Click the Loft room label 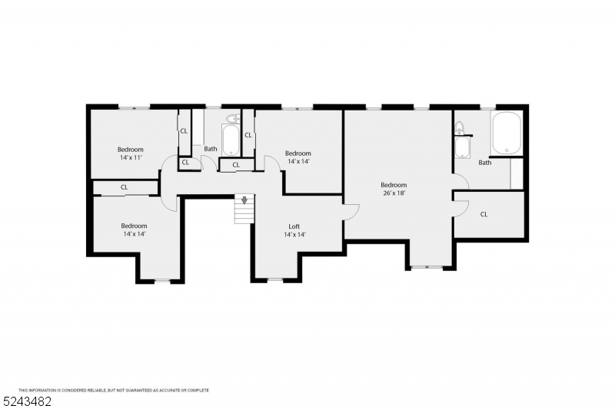point(294,226)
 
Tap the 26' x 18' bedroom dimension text point(394,193)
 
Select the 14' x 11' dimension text point(131,157)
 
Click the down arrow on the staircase point(244,200)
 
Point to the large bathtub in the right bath point(507,133)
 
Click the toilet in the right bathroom point(459,127)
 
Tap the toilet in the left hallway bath point(234,118)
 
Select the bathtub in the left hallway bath point(230,140)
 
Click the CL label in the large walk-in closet point(484,214)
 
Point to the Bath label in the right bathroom point(485,163)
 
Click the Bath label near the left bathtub point(211,149)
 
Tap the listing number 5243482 point(27,401)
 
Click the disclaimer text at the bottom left point(114,391)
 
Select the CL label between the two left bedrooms point(125,187)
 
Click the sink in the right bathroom point(463,147)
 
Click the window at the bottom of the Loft point(275,279)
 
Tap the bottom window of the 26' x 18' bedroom point(427,267)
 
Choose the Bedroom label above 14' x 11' point(131,150)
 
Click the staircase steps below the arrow point(244,214)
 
